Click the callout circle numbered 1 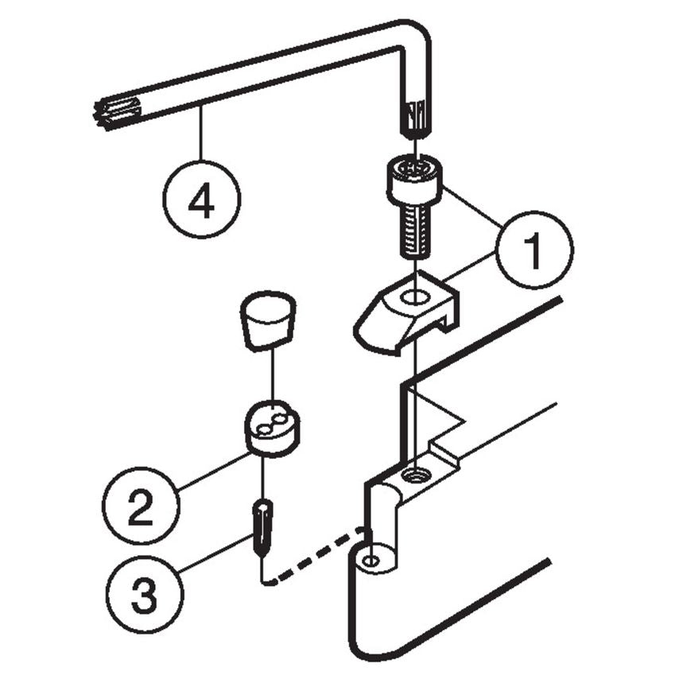(x=533, y=250)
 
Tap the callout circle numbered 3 (x=144, y=593)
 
